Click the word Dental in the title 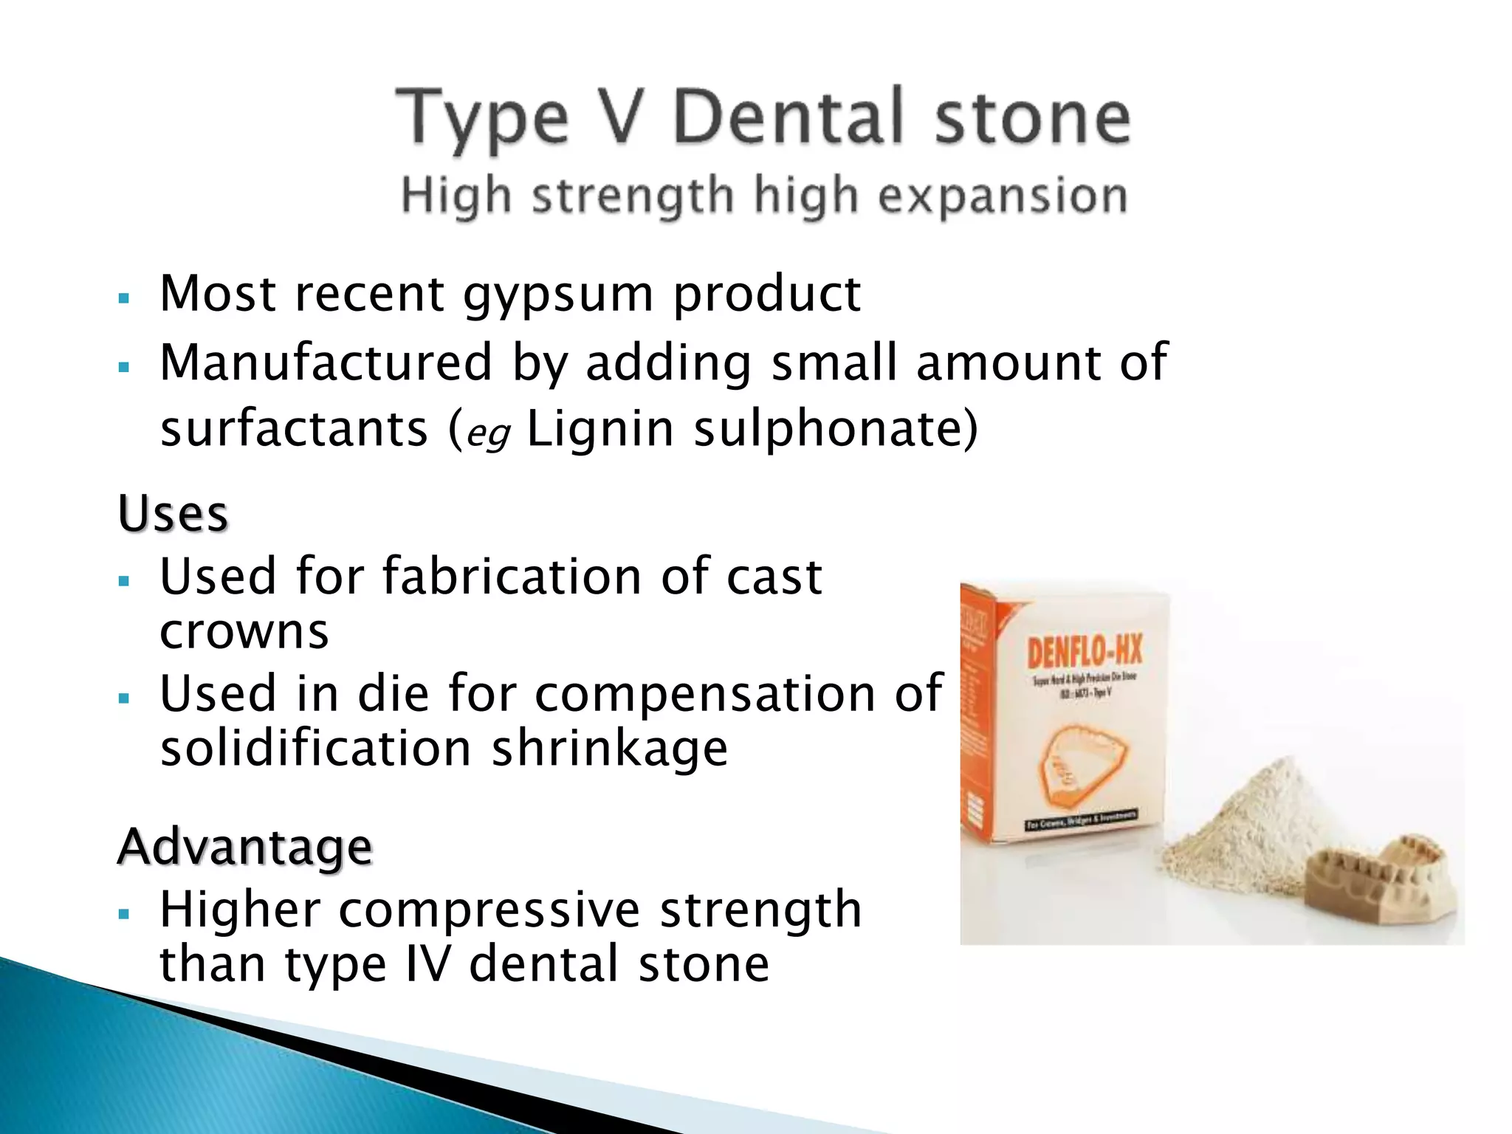click(788, 117)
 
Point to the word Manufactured click(326, 362)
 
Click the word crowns click(244, 632)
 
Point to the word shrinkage click(610, 749)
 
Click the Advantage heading click(244, 846)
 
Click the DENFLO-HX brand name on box click(1084, 652)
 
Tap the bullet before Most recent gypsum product click(123, 299)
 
